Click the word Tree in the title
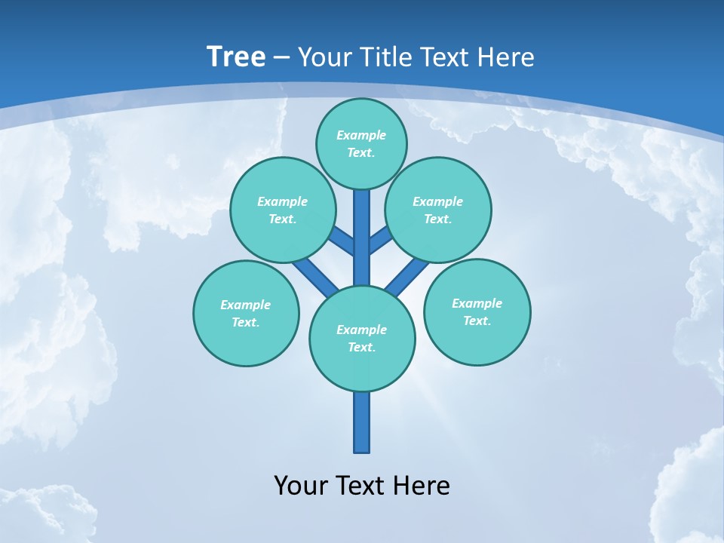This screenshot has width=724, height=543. click(236, 57)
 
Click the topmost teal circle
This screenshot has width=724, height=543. click(361, 143)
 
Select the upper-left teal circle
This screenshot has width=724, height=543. click(283, 210)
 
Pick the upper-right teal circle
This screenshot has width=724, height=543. click(438, 210)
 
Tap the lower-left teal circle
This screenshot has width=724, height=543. click(246, 313)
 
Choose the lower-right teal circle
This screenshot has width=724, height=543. click(477, 311)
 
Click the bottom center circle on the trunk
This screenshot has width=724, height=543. click(362, 339)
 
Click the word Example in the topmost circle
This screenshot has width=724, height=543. click(361, 135)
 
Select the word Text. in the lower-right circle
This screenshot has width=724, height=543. click(477, 321)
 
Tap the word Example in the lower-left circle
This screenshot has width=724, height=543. click(246, 305)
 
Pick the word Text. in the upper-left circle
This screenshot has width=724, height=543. click(283, 219)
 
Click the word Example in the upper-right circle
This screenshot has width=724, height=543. click(438, 201)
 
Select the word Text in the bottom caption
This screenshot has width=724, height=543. click(360, 485)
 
